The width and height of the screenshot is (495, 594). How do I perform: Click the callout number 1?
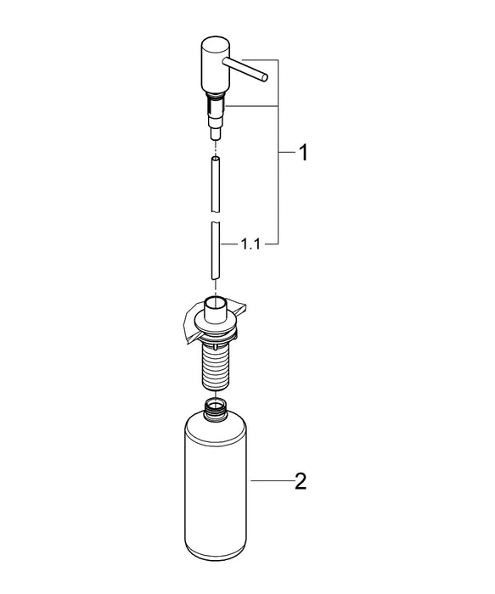coord(301,154)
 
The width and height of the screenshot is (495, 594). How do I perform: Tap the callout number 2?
coord(300,482)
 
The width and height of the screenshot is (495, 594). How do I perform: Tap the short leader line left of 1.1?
coord(229,246)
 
